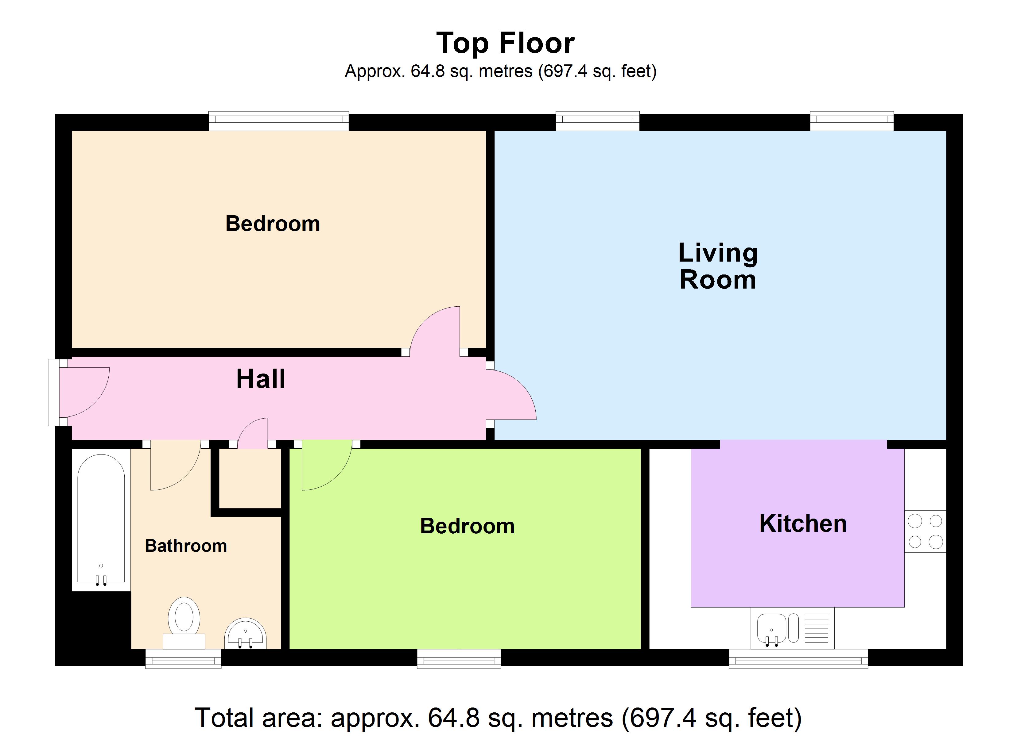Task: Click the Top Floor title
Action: [505, 43]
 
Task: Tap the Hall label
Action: [261, 379]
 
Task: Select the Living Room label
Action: [718, 266]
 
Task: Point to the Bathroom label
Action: [186, 546]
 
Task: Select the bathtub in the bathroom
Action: [101, 520]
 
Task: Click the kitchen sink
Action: [792, 628]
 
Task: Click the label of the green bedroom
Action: [467, 526]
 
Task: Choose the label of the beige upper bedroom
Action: [273, 223]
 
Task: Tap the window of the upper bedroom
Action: [279, 121]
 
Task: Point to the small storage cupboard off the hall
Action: [250, 478]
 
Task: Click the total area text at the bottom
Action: [498, 718]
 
